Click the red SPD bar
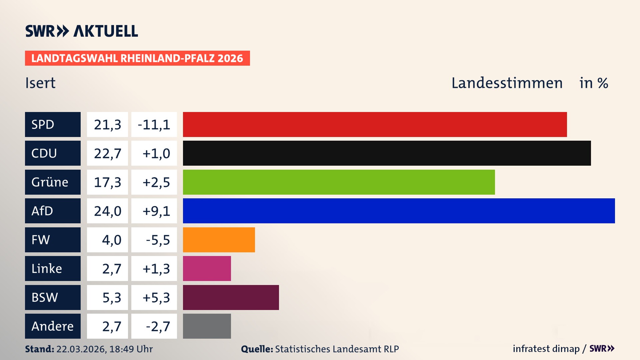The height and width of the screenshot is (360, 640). (375, 124)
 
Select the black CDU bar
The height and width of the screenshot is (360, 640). (387, 153)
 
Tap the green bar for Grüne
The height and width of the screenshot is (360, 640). (339, 182)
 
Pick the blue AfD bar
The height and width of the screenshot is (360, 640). (399, 211)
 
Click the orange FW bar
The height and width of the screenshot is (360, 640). (219, 240)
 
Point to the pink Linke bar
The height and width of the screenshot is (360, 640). (207, 268)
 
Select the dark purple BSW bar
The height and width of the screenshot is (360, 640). (231, 297)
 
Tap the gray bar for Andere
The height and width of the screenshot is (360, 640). (207, 326)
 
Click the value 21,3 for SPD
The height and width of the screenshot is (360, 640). (107, 124)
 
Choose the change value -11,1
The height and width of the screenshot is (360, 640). (154, 124)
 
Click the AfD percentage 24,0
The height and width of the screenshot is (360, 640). (107, 211)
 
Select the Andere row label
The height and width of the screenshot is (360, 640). (53, 326)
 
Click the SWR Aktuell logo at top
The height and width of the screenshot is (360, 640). (81, 31)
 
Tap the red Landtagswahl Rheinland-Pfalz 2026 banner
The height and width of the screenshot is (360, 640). (137, 58)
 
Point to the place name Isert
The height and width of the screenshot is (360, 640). (40, 83)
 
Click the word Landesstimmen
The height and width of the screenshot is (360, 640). (507, 83)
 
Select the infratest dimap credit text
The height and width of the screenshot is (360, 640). (546, 349)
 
